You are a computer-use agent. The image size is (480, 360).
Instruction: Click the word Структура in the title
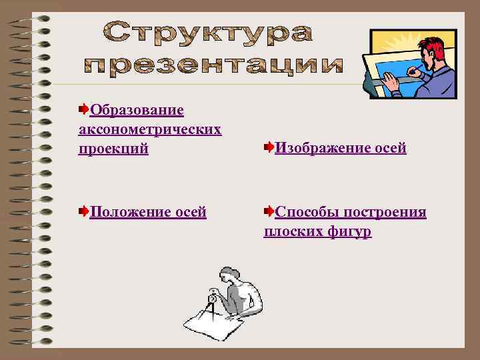(207, 33)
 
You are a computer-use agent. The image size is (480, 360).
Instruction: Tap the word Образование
(137, 109)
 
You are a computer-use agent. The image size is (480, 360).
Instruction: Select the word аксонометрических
(149, 128)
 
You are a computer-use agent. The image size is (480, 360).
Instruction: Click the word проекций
(113, 148)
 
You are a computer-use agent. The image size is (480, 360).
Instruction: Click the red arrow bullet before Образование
(83, 108)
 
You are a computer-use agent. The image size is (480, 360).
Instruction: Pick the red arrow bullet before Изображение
(268, 147)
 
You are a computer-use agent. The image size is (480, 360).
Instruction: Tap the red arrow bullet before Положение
(83, 211)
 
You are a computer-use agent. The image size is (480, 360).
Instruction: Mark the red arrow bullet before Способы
(268, 211)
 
